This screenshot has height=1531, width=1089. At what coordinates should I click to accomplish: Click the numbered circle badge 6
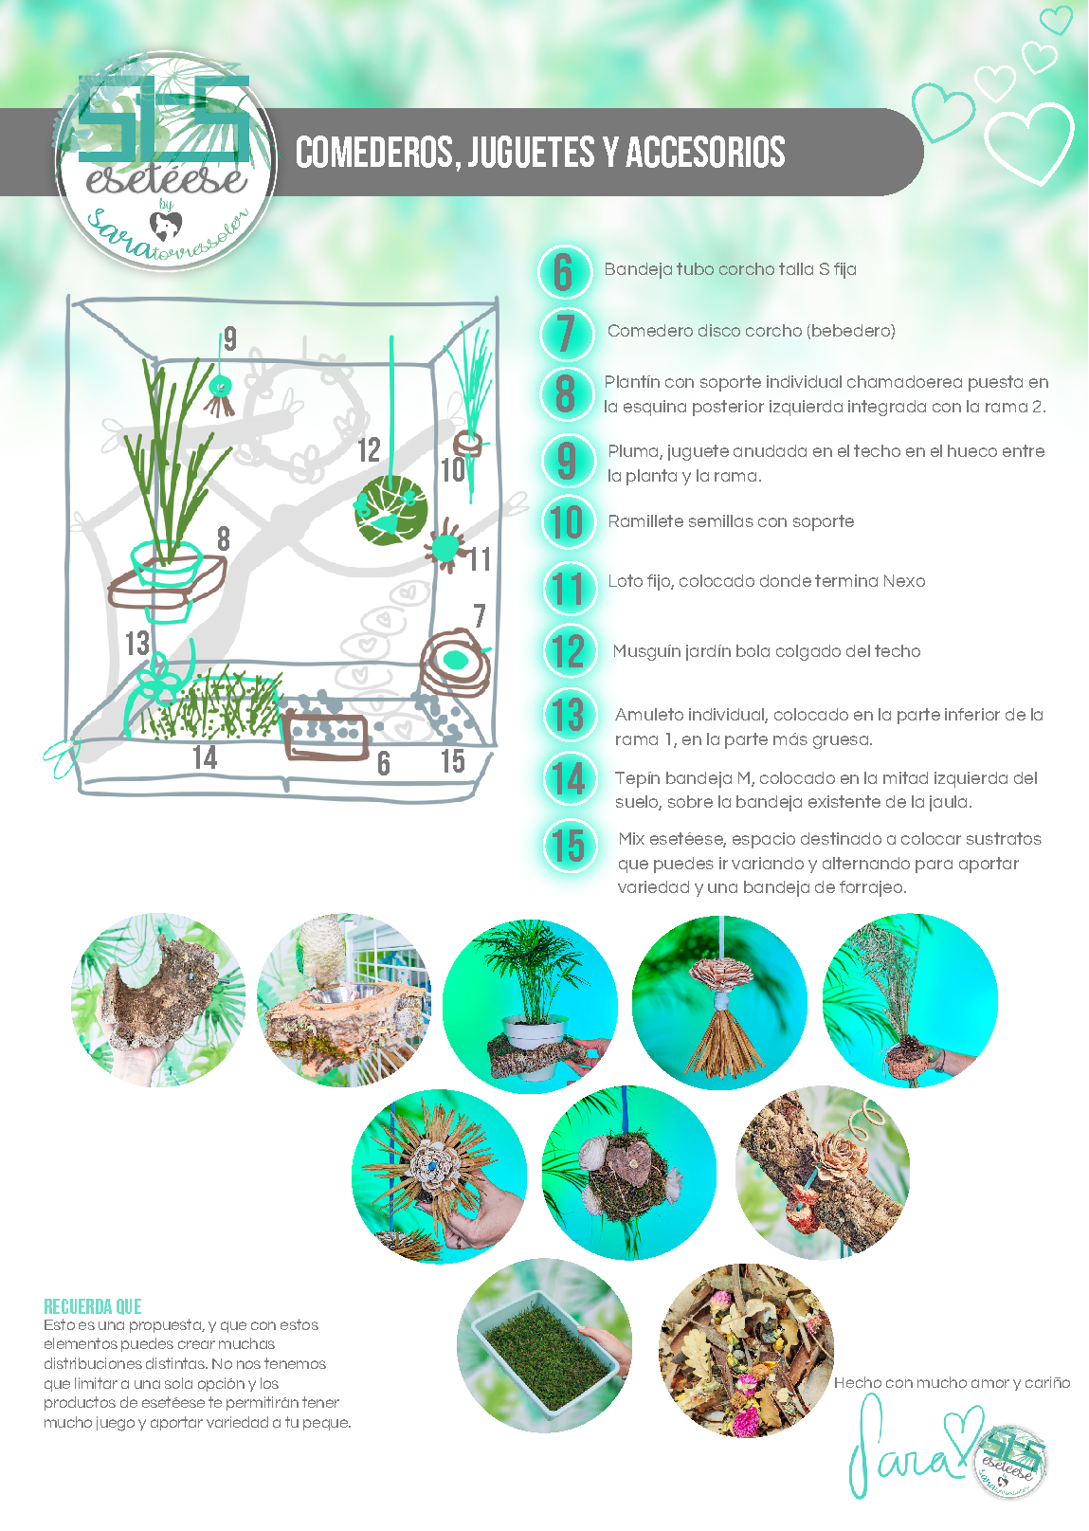coord(565,272)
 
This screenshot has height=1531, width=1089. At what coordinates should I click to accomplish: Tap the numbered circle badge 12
coord(569,651)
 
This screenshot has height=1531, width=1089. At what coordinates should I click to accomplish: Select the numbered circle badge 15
coord(569,846)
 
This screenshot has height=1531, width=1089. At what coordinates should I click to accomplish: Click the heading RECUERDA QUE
coord(92,1306)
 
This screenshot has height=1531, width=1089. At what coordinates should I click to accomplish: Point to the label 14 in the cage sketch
coord(205,757)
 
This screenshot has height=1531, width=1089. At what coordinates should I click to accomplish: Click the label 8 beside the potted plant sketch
coord(224,538)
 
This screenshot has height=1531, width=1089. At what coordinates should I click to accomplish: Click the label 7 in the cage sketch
coord(480,616)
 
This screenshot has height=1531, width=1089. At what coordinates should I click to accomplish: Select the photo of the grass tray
coord(543,1344)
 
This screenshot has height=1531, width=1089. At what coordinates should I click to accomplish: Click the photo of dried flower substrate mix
coord(746,1350)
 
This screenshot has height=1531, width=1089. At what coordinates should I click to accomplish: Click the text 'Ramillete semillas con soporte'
coord(731,521)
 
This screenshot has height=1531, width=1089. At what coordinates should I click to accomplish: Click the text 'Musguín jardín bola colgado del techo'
coord(766,651)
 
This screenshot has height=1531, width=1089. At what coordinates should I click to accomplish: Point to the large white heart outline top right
coord(1028,142)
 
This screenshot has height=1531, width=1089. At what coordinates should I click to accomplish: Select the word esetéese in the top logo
coord(166,178)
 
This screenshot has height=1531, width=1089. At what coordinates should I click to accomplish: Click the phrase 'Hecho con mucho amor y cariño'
coord(952,1383)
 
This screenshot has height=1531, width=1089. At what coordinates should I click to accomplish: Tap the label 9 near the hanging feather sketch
coord(229,337)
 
